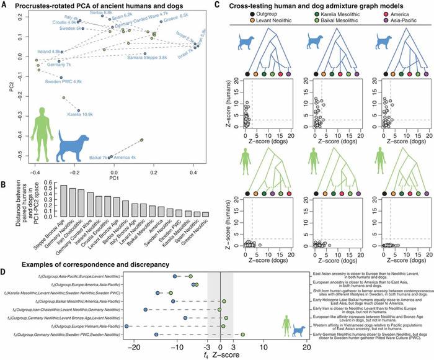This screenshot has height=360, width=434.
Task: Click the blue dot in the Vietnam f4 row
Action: [x=127, y=326]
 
